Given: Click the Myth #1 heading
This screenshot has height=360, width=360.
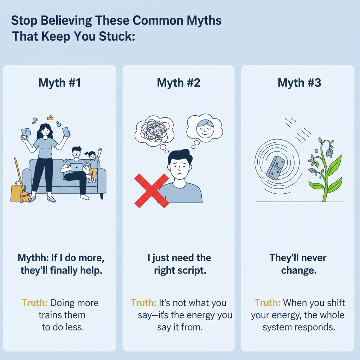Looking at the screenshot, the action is pos(59,83).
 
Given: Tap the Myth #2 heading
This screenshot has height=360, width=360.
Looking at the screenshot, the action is pos(178,83).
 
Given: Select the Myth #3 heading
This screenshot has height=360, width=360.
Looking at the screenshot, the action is pos(299,83).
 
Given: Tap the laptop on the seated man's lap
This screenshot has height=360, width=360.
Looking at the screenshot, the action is pos(77,168).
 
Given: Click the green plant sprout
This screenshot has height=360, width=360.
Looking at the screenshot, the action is pos(326,169).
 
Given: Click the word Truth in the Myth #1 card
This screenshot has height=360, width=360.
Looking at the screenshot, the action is pos(35,303).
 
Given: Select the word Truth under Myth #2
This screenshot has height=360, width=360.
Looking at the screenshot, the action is pos(143,303).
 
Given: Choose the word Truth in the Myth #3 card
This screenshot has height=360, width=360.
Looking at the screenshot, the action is pos(268,303).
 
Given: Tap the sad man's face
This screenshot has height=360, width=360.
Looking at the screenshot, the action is pos(179,165).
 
